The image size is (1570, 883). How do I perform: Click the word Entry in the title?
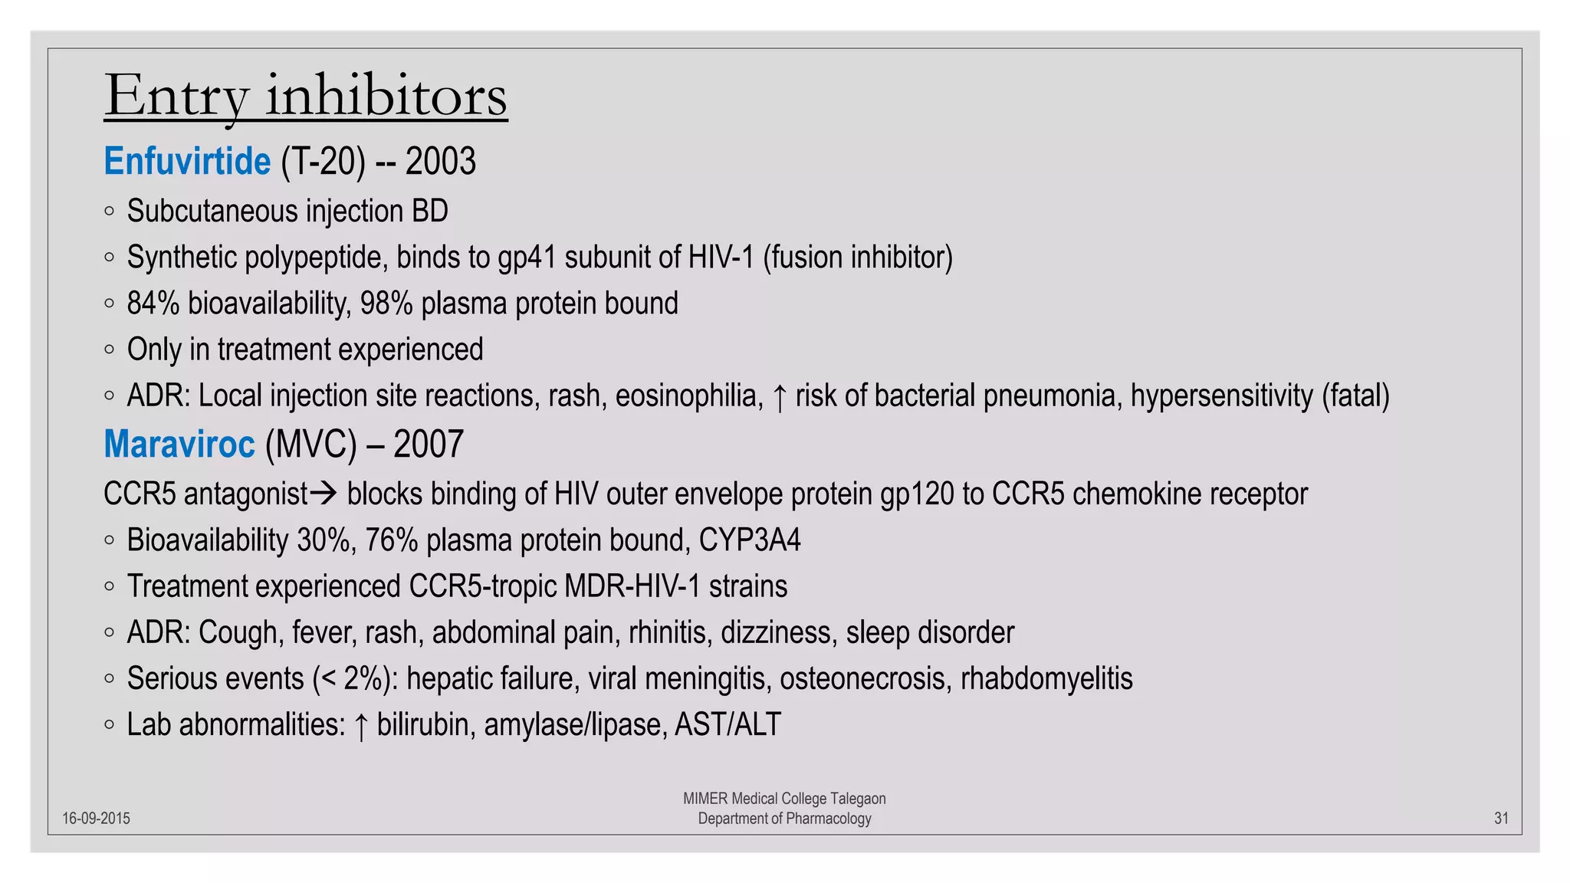click(176, 97)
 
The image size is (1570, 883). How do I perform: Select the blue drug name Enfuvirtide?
click(187, 162)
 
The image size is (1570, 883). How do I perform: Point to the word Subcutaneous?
click(212, 212)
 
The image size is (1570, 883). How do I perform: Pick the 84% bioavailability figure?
click(153, 304)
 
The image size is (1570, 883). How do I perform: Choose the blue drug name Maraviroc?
click(179, 445)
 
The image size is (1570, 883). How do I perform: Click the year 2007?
click(429, 445)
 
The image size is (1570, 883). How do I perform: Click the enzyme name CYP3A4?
click(749, 540)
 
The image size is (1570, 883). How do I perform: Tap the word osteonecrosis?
click(865, 679)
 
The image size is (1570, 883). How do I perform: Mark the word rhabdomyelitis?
click(1046, 679)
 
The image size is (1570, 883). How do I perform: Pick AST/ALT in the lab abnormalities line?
click(728, 725)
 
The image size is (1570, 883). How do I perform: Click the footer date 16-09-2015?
click(96, 819)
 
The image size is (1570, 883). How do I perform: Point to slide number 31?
click(1501, 819)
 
